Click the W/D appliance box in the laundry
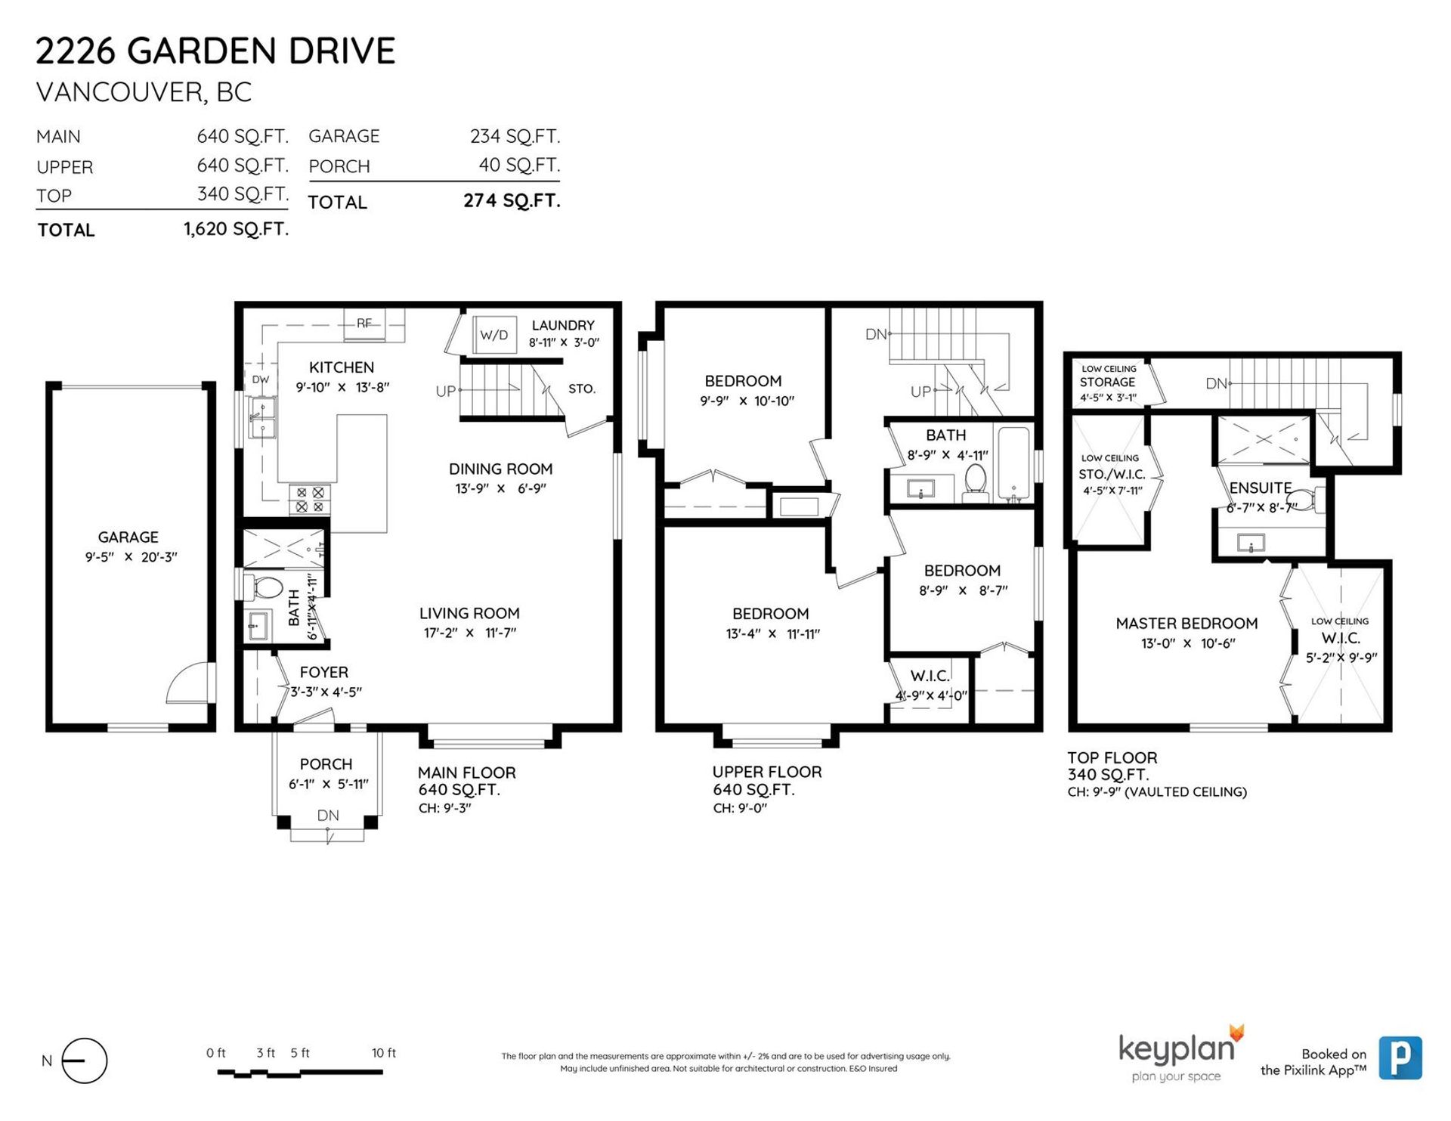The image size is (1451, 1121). [494, 335]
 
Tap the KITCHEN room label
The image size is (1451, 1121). [342, 367]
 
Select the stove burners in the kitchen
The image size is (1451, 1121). [310, 500]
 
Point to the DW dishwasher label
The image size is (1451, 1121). [260, 379]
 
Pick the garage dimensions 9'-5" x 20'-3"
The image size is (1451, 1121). [131, 557]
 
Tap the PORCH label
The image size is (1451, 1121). [326, 764]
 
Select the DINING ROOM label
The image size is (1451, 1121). [500, 469]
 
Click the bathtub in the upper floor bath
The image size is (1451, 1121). [1013, 464]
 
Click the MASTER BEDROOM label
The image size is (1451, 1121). [1186, 624]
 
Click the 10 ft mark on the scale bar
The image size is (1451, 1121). [384, 1053]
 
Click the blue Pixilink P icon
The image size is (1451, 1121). [1400, 1058]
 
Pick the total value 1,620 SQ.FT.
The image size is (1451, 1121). [236, 229]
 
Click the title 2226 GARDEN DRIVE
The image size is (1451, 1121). [215, 51]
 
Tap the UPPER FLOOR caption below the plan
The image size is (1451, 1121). [767, 772]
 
